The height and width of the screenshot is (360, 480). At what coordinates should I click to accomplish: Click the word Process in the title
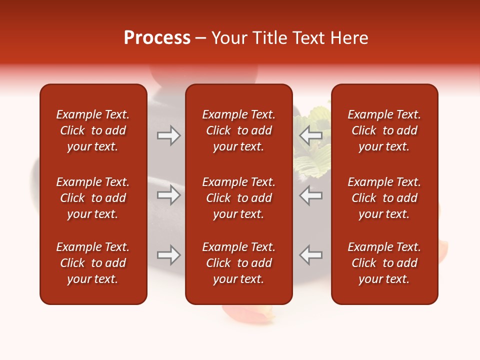(157, 38)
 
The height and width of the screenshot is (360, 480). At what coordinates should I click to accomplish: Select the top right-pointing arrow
(169, 135)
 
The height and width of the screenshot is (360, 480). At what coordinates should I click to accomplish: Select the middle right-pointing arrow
(169, 195)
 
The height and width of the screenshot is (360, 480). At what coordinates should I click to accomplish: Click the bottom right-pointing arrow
(169, 255)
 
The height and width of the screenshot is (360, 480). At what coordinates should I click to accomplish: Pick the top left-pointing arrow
(310, 135)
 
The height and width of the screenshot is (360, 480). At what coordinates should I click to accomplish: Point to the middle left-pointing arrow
(310, 195)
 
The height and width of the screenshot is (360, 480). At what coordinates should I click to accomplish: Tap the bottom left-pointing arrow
(310, 255)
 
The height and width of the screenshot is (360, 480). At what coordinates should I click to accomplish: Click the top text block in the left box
(93, 130)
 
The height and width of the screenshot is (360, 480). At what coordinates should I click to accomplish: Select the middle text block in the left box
(93, 198)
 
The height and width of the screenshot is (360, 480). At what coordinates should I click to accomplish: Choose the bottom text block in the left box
(93, 263)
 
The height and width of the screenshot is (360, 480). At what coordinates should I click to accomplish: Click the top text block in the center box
(238, 130)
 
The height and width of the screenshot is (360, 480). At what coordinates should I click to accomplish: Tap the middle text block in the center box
(238, 198)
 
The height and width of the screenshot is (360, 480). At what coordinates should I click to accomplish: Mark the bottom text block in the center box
(238, 263)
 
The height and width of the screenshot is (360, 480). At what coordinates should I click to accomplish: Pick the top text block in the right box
(384, 130)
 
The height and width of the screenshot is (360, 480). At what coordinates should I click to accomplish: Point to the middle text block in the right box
(384, 198)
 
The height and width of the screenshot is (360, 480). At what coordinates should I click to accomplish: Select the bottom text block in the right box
(384, 263)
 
